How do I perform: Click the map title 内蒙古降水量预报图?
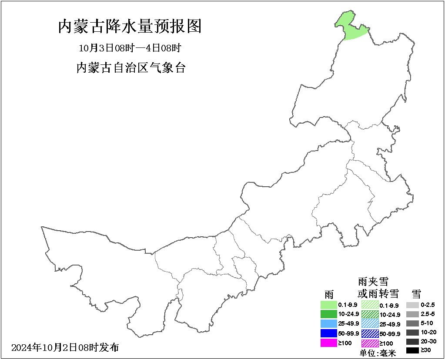tap(130, 27)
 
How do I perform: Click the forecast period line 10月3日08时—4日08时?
tap(130, 47)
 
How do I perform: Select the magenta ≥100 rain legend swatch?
tap(329, 343)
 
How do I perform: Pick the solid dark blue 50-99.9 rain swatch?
tap(329, 333)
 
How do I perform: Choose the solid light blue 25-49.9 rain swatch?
tap(329, 323)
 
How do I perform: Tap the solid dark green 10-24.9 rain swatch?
tap(329, 314)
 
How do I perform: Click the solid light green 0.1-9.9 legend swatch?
tap(329, 305)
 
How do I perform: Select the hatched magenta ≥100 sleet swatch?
tap(370, 343)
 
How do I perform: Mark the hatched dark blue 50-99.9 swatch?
tap(370, 333)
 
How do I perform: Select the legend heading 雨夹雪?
tap(373, 282)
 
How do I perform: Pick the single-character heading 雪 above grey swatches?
tap(416, 293)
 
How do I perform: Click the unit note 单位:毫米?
tap(378, 353)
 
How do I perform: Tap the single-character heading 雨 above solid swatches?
tap(329, 294)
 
